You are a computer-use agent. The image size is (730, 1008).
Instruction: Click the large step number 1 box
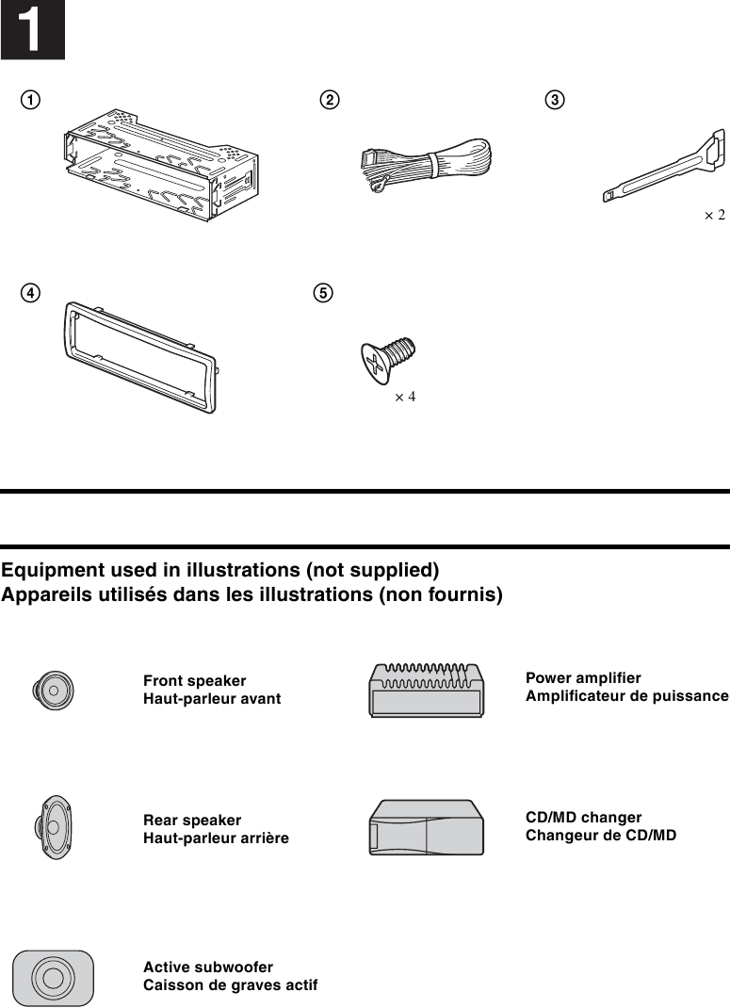click(x=32, y=30)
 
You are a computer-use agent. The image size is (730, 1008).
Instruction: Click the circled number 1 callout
click(x=32, y=100)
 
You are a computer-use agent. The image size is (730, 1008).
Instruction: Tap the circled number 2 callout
click(x=330, y=100)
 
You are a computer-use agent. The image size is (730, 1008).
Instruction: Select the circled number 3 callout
click(x=556, y=100)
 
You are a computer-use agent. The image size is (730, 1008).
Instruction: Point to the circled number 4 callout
click(x=32, y=293)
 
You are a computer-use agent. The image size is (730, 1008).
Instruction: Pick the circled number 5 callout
click(x=322, y=293)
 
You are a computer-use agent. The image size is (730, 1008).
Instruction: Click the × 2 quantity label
click(x=714, y=216)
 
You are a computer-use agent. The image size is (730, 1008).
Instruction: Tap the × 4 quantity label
click(x=404, y=397)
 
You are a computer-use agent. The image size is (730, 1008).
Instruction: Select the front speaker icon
click(x=53, y=691)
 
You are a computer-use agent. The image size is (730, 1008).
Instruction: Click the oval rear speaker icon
click(x=55, y=828)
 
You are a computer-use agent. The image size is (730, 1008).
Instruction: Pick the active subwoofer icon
click(x=53, y=977)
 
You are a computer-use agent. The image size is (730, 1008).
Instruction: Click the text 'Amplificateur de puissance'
click(x=626, y=696)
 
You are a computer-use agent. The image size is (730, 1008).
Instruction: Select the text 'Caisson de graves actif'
click(x=230, y=985)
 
